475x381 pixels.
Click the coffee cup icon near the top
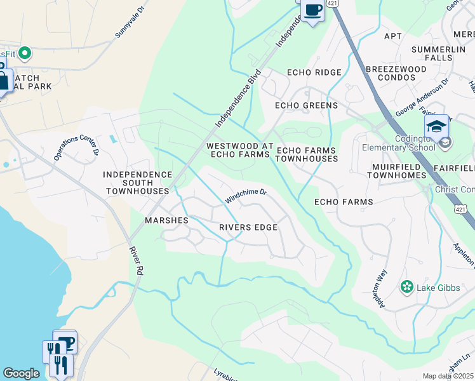(x=312, y=11)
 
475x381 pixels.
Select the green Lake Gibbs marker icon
(x=406, y=288)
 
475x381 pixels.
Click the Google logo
(x=21, y=373)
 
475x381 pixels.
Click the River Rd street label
(x=136, y=261)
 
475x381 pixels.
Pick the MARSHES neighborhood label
(x=166, y=220)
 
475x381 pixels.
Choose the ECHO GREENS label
(x=306, y=105)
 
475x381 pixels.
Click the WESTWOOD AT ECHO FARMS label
(x=240, y=150)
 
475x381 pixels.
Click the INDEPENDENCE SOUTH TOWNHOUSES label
(x=138, y=182)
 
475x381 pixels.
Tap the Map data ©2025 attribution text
(x=448, y=376)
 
